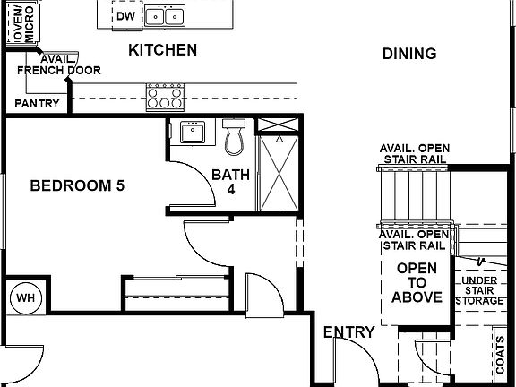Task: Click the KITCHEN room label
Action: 162,50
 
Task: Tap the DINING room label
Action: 409,54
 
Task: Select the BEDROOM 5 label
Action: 77,186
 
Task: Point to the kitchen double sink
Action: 165,15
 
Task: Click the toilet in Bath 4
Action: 235,138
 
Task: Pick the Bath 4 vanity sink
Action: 192,133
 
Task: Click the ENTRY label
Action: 349,332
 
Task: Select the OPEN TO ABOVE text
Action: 417,282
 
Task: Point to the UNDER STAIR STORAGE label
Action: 479,291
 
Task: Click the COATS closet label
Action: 499,356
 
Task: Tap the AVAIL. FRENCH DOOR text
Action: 59,64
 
